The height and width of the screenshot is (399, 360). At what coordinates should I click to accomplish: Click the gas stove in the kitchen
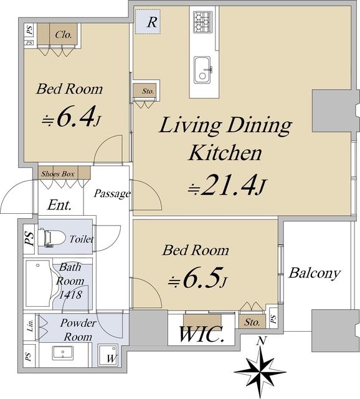click(x=202, y=22)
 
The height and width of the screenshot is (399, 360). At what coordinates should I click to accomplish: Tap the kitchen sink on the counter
click(x=202, y=69)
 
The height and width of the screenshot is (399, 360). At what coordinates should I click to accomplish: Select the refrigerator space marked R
click(x=148, y=22)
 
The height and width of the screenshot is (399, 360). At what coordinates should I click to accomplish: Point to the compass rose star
click(x=260, y=372)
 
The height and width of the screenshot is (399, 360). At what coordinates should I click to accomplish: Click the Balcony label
click(x=315, y=274)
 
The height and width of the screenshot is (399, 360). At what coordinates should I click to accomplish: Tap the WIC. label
click(x=202, y=334)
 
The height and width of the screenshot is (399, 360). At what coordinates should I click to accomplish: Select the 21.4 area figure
click(x=227, y=185)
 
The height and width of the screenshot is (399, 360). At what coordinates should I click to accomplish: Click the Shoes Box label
click(x=58, y=174)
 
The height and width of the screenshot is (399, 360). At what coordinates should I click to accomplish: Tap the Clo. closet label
click(x=64, y=34)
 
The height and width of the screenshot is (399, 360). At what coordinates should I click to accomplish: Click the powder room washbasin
click(x=63, y=353)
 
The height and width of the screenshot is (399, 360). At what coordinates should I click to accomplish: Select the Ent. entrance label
click(x=59, y=205)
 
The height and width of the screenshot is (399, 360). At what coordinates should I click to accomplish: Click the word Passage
click(x=112, y=194)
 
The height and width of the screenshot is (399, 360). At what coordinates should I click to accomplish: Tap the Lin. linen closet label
click(x=31, y=325)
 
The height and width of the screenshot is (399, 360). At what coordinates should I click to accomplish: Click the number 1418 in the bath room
click(x=70, y=295)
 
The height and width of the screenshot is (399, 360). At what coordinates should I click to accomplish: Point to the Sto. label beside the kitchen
click(x=148, y=91)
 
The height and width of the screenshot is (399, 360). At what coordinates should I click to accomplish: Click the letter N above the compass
click(x=262, y=340)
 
